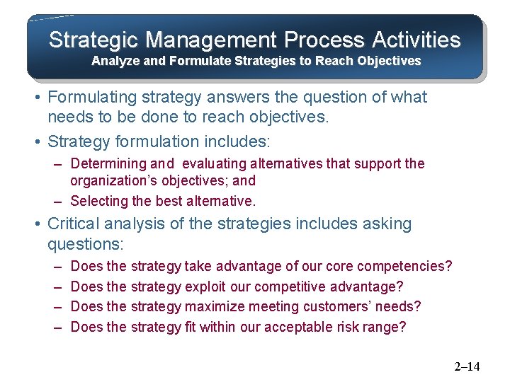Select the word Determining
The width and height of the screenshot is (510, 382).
108,164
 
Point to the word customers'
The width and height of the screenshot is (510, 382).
338,307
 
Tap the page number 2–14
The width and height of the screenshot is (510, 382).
466,366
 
